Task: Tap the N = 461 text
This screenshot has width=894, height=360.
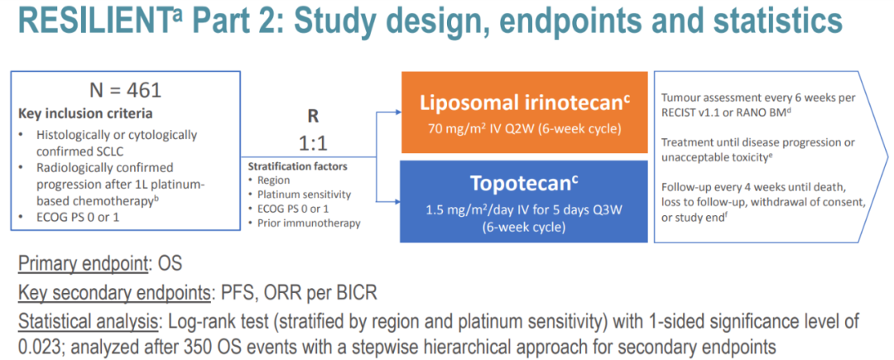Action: click(124, 90)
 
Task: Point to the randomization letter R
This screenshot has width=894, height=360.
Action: click(314, 117)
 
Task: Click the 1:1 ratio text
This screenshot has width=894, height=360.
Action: click(314, 142)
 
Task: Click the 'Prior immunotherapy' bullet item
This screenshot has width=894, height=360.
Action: click(309, 223)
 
